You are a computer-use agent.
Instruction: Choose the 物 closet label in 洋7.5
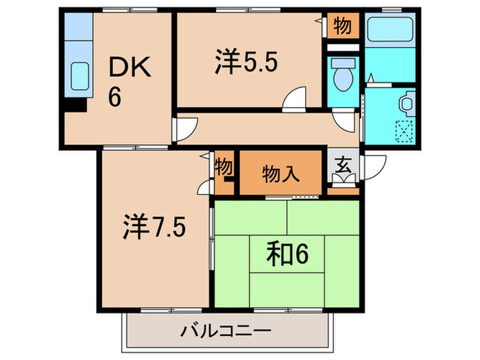tap(224, 167)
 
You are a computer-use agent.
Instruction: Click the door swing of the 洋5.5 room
tap(296, 99)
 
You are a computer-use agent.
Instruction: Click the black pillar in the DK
tap(75, 106)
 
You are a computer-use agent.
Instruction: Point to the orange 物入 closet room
tap(280, 173)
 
